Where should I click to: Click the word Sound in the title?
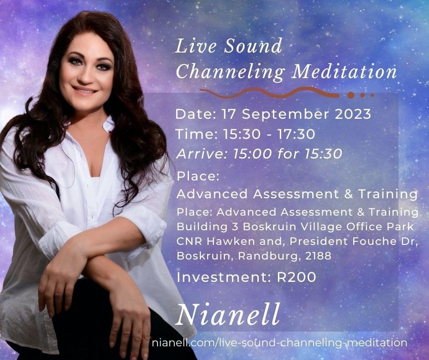(x=253, y=46)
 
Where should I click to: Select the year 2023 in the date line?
(x=353, y=114)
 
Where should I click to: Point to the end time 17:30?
(x=296, y=134)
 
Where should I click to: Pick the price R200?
(x=297, y=277)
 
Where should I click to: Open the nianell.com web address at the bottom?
(x=279, y=343)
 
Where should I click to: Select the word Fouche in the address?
(x=373, y=241)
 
